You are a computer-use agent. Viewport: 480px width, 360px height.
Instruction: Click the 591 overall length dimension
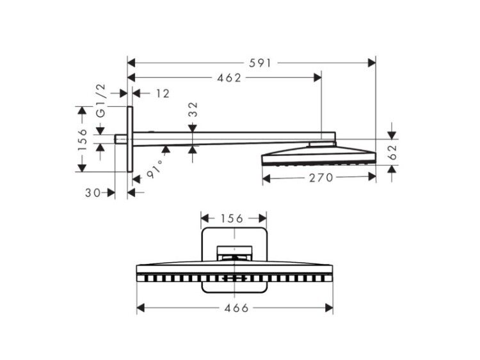260,63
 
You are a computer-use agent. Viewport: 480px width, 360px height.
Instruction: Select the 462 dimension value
229,78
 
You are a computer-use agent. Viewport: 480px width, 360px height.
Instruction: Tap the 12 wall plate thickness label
163,93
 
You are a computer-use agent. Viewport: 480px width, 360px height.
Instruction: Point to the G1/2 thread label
100,100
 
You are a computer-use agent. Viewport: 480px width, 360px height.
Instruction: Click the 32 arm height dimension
193,109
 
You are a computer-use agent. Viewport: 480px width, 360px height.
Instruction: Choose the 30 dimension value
93,192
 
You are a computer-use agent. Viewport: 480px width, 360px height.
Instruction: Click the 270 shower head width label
321,178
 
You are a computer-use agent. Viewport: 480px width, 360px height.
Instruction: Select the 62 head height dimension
392,152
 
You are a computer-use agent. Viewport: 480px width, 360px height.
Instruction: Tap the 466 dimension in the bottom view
236,308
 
